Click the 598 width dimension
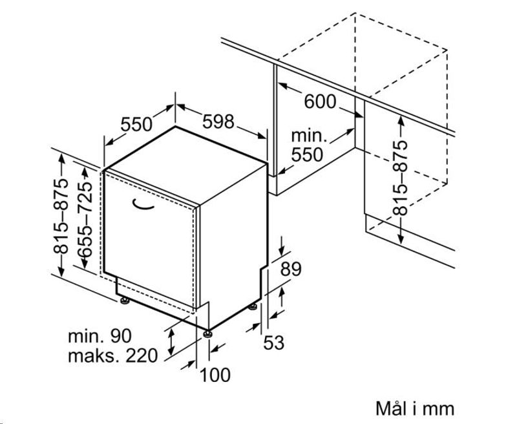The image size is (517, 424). click(218, 122)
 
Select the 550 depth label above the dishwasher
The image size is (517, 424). click(136, 124)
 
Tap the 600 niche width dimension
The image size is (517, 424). click(320, 101)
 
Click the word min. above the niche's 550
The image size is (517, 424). click(309, 136)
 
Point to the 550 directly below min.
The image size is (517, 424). click(307, 154)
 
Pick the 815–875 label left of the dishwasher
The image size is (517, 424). click(61, 217)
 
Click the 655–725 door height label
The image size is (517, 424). click(85, 220)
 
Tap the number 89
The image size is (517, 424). click(291, 269)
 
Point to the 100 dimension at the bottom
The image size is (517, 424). click(215, 375)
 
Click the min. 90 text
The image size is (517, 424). click(100, 336)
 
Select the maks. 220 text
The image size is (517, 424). click(112, 355)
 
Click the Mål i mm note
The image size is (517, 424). click(415, 408)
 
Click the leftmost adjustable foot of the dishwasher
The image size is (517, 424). click(124, 301)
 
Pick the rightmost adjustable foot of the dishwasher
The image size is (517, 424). click(253, 306)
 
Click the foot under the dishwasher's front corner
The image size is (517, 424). click(207, 333)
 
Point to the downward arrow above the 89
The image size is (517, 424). click(282, 246)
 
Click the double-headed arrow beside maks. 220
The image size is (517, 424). click(171, 341)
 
